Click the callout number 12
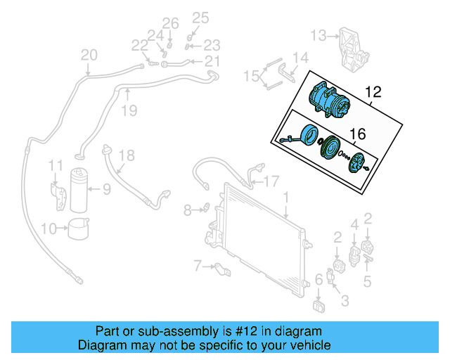373,92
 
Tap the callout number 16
358,134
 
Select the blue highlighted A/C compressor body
328,102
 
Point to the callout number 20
89,55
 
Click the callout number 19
127,110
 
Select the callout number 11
56,166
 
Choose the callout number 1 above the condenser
286,198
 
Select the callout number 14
300,58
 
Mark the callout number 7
198,265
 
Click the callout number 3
345,302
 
